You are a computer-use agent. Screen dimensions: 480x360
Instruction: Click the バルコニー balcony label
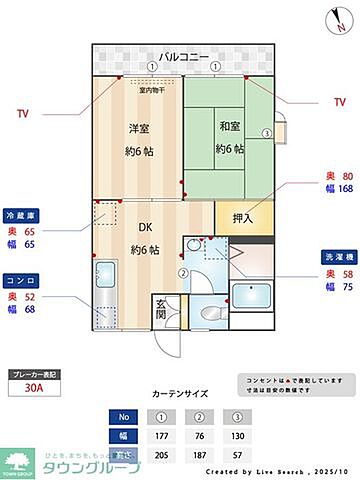(x=183, y=56)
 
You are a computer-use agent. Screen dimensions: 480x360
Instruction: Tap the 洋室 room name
(x=138, y=129)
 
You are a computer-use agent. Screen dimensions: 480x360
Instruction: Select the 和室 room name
(x=231, y=127)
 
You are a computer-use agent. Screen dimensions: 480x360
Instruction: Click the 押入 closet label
(x=242, y=217)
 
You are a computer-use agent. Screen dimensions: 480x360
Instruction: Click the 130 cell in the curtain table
(x=238, y=435)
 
